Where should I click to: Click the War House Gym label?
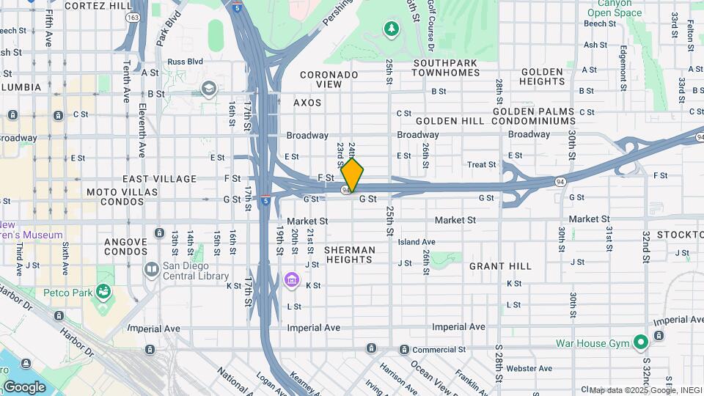pos(602,343)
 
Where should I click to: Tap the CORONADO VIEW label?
pos(329,79)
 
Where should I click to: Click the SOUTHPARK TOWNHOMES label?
pos(446,67)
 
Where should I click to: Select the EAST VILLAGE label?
pos(159,179)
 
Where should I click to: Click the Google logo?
pos(24,386)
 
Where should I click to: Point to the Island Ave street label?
pos(417,242)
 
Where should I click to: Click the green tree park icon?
pos(392,29)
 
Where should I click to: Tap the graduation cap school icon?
pos(209,89)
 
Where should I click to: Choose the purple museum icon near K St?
pos(291,280)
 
